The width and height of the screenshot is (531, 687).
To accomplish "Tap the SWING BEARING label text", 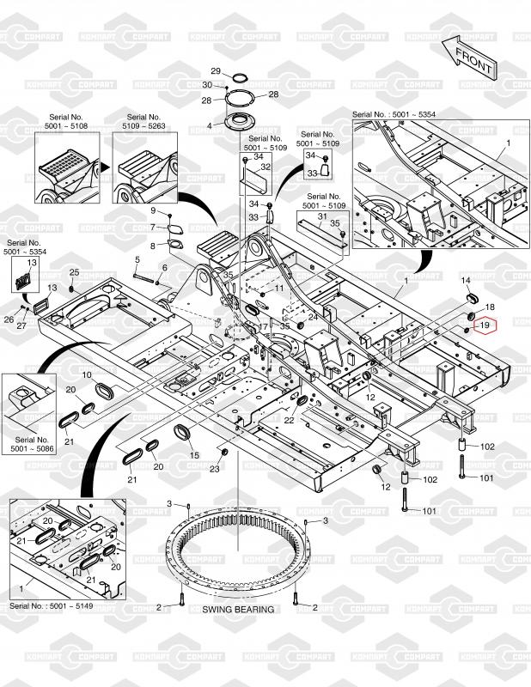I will [238, 610].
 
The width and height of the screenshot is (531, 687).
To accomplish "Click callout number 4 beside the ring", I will [209, 125].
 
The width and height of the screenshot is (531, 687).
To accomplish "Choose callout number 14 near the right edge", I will [466, 281].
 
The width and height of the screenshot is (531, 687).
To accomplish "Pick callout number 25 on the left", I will [74, 272].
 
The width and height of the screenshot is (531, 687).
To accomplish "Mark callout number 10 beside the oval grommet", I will [87, 376].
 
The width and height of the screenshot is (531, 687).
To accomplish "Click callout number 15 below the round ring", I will [194, 455].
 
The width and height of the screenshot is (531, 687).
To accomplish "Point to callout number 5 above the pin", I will [137, 259].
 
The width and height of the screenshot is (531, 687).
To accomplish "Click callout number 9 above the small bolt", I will [155, 211].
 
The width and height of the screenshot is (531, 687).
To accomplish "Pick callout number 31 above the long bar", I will [321, 216].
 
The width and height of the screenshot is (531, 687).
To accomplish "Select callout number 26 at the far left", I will [9, 319].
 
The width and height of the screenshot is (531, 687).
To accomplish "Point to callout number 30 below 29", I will [207, 85].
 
